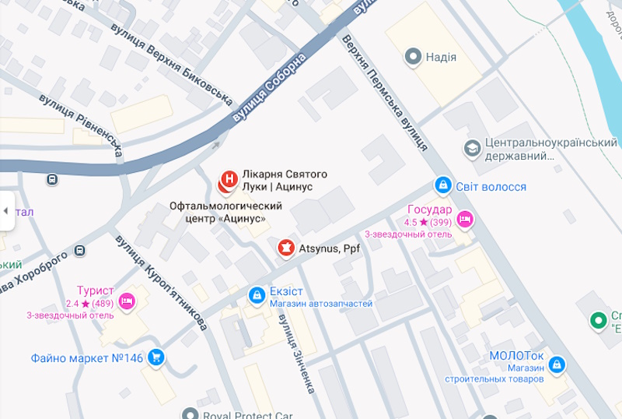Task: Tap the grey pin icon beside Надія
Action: [x=413, y=57]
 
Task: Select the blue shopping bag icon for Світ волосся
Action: [x=442, y=186]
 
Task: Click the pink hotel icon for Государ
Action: [x=465, y=219]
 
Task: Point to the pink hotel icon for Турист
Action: [x=128, y=300]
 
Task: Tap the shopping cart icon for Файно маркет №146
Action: [x=156, y=357]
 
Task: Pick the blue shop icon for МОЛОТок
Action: [x=556, y=364]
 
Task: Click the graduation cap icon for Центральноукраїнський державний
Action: [x=471, y=148]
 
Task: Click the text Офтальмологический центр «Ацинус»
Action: [x=225, y=213]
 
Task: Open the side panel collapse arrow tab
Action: [x=6, y=211]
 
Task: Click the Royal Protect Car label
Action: [x=248, y=414]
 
